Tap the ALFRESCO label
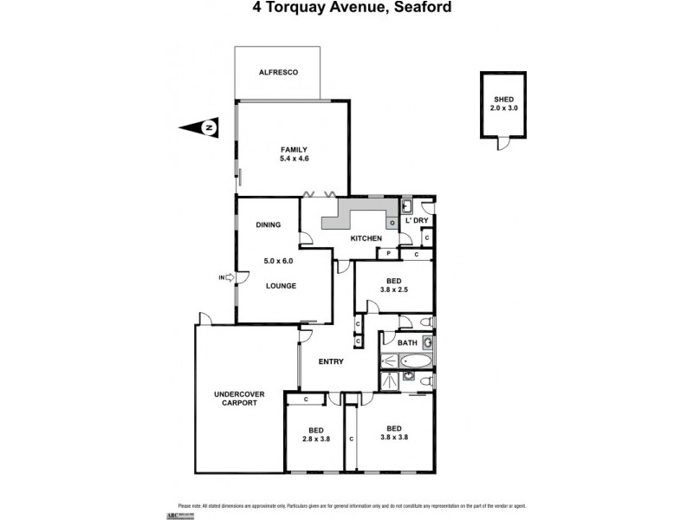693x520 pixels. [279, 73]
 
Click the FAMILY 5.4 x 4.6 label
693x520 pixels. [294, 154]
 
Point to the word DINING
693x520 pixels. [269, 225]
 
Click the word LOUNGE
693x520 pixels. [282, 286]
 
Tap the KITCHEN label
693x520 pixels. [366, 238]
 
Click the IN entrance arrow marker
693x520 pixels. [227, 277]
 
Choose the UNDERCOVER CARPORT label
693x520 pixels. [240, 399]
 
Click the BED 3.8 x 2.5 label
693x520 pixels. [393, 283]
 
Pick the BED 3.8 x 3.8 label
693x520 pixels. [394, 432]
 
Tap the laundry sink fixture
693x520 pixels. [405, 206]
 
